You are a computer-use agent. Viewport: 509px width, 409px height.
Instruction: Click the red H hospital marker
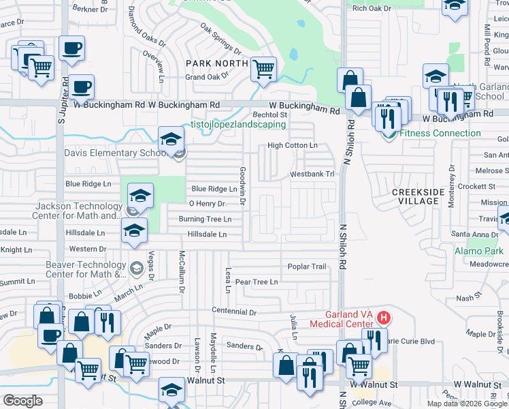coord(384,318)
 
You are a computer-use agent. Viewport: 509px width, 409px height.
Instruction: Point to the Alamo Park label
coord(478,251)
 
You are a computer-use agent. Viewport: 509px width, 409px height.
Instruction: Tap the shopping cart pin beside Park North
coord(263,68)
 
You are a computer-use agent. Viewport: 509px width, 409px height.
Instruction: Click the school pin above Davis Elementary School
coord(171,139)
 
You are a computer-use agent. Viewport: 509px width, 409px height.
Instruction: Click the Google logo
coord(22,400)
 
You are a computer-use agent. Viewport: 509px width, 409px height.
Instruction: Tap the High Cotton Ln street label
coord(292,145)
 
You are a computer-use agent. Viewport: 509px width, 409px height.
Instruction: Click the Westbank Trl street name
coord(313,175)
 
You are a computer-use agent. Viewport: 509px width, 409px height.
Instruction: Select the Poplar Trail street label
coord(307,267)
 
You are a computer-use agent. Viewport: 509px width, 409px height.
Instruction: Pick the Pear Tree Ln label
coord(256,282)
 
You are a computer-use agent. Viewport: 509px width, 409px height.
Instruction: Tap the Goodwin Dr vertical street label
coord(242,186)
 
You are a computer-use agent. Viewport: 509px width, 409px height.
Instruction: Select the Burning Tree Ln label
coord(205,219)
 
